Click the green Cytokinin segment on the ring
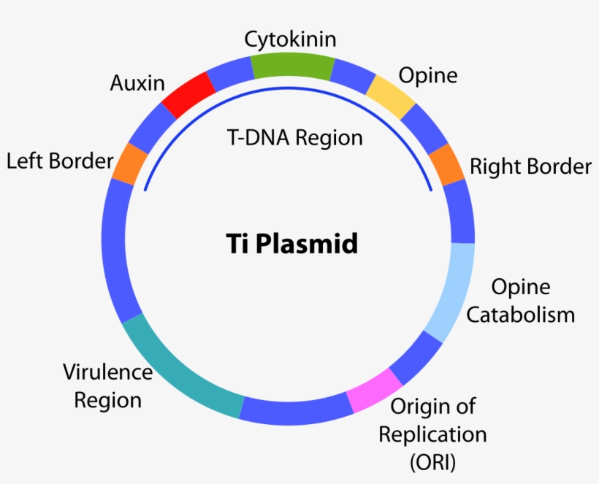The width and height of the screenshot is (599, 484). (293, 66)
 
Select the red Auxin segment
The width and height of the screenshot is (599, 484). (188, 96)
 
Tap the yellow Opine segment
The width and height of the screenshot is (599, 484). (389, 95)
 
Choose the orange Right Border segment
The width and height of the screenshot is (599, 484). (446, 163)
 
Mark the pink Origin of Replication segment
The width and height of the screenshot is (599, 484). (373, 391)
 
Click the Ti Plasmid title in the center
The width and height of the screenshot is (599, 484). (291, 243)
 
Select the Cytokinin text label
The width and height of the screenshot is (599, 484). (290, 38)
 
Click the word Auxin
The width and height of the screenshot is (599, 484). (137, 82)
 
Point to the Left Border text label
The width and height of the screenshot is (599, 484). (60, 161)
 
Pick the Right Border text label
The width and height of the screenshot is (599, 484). (530, 166)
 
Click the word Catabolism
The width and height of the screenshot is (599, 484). (520, 315)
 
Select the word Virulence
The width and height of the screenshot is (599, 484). (107, 372)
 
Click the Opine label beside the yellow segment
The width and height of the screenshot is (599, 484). (427, 75)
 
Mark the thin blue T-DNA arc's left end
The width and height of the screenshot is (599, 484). (145, 189)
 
